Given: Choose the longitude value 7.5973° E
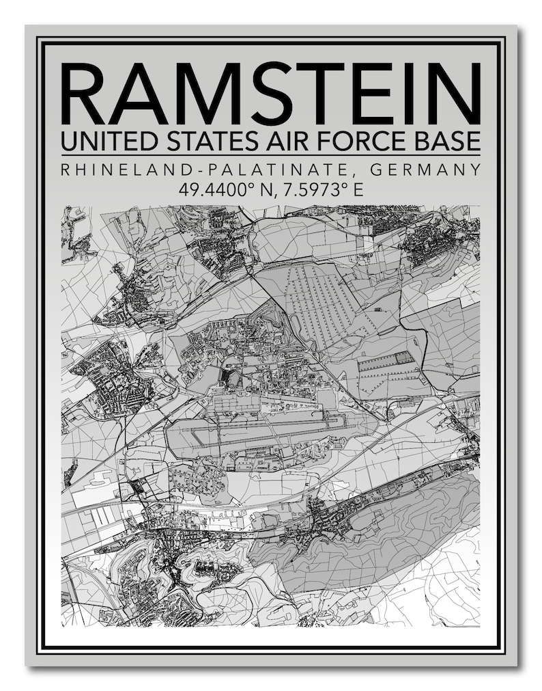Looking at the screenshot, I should click(319, 189).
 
